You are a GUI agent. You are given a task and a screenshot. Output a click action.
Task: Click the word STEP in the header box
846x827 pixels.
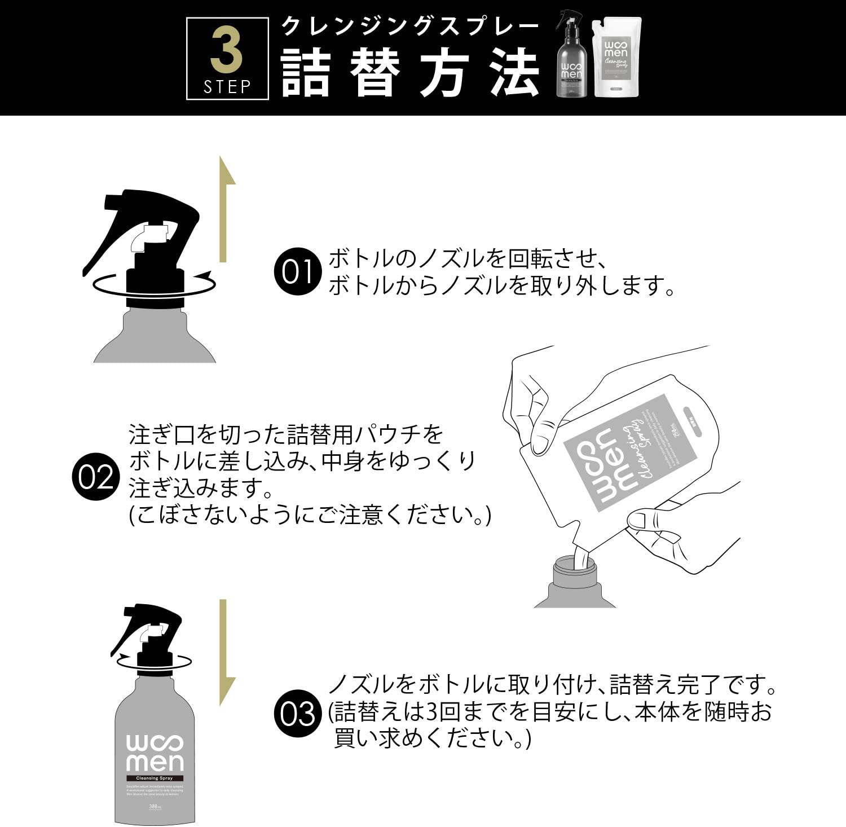(227, 86)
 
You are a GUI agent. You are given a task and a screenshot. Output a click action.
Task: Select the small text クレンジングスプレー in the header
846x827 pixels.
(410, 27)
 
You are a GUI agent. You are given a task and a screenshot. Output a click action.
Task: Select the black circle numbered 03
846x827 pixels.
(297, 714)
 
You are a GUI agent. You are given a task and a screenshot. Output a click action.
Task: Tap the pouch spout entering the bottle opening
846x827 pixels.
(580, 558)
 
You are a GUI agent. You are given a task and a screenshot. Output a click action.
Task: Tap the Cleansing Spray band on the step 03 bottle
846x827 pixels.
(155, 778)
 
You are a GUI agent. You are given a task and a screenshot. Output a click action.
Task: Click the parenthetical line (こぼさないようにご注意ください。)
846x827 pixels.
(310, 515)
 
